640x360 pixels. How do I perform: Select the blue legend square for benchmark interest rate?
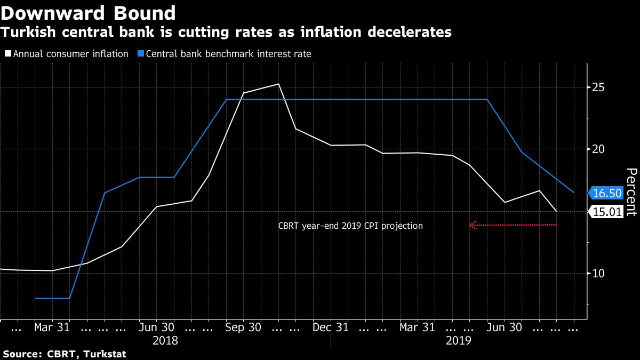coord(140,54)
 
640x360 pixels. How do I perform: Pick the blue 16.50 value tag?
coord(607,193)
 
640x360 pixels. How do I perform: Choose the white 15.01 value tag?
coord(607,212)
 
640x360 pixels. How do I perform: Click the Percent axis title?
coord(631,192)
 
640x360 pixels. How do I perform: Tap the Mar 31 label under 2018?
coord(52,327)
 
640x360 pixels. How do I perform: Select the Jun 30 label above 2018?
coord(156,327)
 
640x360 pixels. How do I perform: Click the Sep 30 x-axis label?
coord(243,327)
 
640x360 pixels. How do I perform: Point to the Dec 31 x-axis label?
coord(331,327)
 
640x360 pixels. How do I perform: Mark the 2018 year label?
coord(165,340)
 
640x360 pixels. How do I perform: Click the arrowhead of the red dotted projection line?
coord(472,225)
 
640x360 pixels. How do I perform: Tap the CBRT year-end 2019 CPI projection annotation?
coord(350,226)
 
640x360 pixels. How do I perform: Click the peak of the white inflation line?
coord(278,84)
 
